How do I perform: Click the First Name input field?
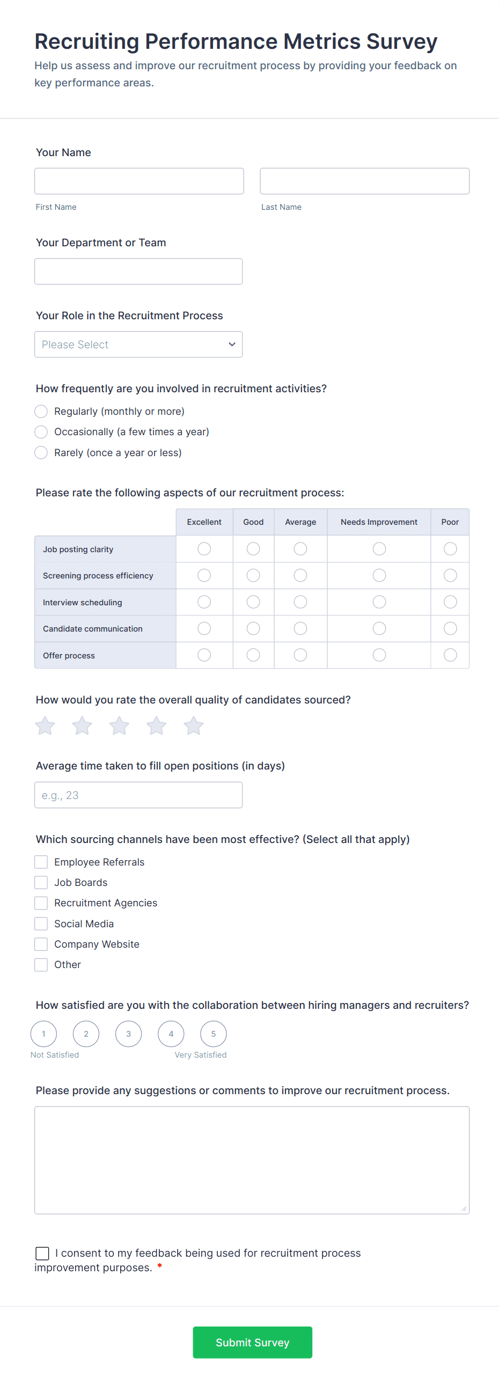tap(139, 181)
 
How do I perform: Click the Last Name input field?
tap(364, 181)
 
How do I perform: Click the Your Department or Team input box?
tap(138, 272)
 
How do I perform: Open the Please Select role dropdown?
tap(138, 345)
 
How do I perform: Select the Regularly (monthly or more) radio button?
tap(41, 411)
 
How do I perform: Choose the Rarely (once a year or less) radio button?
tap(41, 453)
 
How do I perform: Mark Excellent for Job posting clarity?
tap(204, 549)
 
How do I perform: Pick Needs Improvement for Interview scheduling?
tap(379, 602)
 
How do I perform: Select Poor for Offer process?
tap(450, 655)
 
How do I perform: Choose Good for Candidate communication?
tap(253, 628)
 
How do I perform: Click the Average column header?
tap(300, 522)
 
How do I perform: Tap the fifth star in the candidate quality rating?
tap(194, 726)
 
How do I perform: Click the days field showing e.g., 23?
tap(138, 795)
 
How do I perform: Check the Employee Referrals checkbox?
tap(41, 862)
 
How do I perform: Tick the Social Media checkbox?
tap(41, 924)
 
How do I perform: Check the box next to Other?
tap(41, 964)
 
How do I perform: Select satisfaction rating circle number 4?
tap(171, 1034)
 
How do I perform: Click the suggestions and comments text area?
tap(252, 1160)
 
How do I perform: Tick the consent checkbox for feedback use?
tap(42, 1254)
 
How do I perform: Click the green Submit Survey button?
tap(252, 1343)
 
